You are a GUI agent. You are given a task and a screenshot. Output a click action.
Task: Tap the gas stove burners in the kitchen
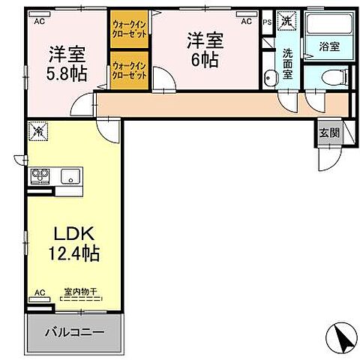(x=40, y=177)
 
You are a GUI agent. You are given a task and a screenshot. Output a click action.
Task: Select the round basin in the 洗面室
(x=268, y=76)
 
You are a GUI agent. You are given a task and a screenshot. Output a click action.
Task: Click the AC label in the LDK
(x=40, y=293)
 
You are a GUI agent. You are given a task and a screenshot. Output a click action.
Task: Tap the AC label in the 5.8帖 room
(x=38, y=22)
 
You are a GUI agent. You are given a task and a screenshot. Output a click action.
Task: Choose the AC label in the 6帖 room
(x=245, y=22)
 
